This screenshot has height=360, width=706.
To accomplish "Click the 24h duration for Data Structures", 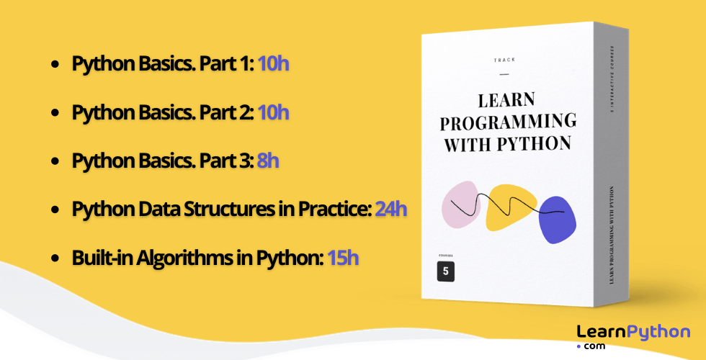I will coord(391,210).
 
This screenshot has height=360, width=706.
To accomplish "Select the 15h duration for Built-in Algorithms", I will coord(343,257).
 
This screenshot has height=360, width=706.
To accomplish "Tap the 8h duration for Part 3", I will coord(268,161).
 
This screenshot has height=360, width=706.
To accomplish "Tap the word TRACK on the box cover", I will coord(504,60).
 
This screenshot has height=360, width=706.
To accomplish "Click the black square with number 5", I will coord(446,271).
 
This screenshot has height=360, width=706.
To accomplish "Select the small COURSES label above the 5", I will coord(446,256).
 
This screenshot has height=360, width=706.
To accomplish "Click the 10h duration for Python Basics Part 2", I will coord(273,112).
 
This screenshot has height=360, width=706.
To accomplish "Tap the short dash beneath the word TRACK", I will coord(504,73).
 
